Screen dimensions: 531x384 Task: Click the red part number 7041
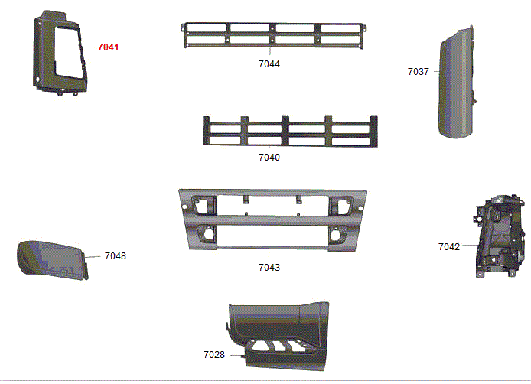click(x=108, y=47)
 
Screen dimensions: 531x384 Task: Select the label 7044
click(x=269, y=64)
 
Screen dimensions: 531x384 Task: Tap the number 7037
click(x=419, y=72)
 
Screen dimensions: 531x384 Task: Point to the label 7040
click(x=269, y=158)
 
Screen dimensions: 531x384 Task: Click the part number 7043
click(x=269, y=268)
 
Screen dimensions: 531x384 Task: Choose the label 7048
click(x=116, y=256)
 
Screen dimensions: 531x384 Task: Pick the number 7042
click(x=449, y=247)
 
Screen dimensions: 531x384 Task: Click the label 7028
click(x=214, y=355)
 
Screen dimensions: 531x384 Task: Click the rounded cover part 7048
click(x=53, y=260)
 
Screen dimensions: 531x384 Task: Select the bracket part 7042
click(x=500, y=236)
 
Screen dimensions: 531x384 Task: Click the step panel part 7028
click(x=279, y=335)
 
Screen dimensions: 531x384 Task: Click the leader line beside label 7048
click(x=93, y=257)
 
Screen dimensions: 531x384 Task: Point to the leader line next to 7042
click(x=471, y=246)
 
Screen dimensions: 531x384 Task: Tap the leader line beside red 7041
click(x=88, y=47)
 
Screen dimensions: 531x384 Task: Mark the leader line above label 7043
click(x=269, y=255)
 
